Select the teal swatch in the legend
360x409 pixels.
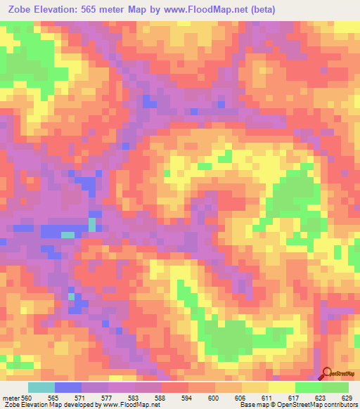(41, 387)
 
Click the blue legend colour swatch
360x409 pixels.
(68, 387)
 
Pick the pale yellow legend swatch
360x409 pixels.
(281, 387)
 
